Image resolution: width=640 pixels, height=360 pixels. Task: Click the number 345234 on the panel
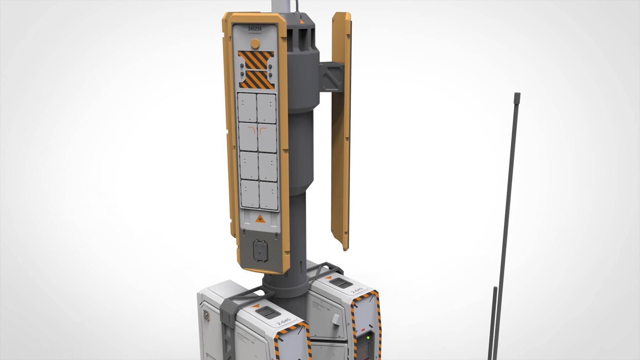click(255, 28)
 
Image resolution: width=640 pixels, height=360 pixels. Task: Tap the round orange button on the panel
click(255, 43)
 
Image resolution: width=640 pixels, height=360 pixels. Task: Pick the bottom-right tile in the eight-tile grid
click(268, 194)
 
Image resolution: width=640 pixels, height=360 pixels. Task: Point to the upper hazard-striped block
click(256, 58)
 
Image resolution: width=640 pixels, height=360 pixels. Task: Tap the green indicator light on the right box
click(368, 338)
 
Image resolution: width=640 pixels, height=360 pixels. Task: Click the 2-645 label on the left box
click(283, 322)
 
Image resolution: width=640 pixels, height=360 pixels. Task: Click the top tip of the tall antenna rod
click(517, 94)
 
